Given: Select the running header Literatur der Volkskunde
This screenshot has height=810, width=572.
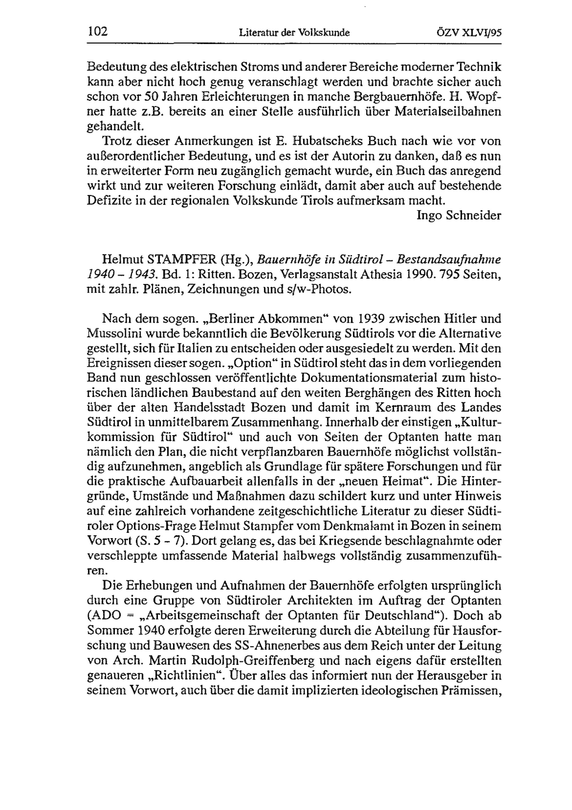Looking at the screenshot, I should [294, 33].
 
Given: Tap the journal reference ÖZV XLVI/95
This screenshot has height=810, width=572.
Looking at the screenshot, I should [468, 33].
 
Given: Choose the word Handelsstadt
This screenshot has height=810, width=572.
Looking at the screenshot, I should [215, 408].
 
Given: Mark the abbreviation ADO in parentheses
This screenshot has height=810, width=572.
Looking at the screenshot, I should [106, 616].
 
